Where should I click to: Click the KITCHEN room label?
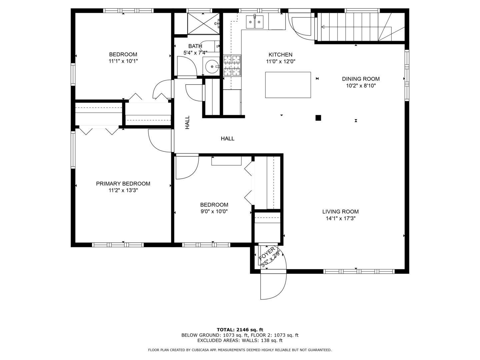point(280,55)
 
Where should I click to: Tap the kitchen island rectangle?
point(288,85)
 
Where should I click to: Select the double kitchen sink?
point(255,22)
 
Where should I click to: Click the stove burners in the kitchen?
point(232,65)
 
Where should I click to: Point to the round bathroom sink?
point(211,67)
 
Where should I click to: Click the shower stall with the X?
point(203,23)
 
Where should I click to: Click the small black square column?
point(318,118)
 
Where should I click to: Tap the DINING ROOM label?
point(361,79)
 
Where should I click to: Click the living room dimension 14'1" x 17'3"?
point(340,219)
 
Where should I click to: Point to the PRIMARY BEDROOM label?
point(123,184)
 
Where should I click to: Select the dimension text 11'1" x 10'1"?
point(123,61)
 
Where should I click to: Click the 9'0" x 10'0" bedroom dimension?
point(214,211)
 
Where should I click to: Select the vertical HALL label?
point(187,122)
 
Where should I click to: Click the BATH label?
point(195,46)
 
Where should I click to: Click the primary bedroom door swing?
point(159,141)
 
